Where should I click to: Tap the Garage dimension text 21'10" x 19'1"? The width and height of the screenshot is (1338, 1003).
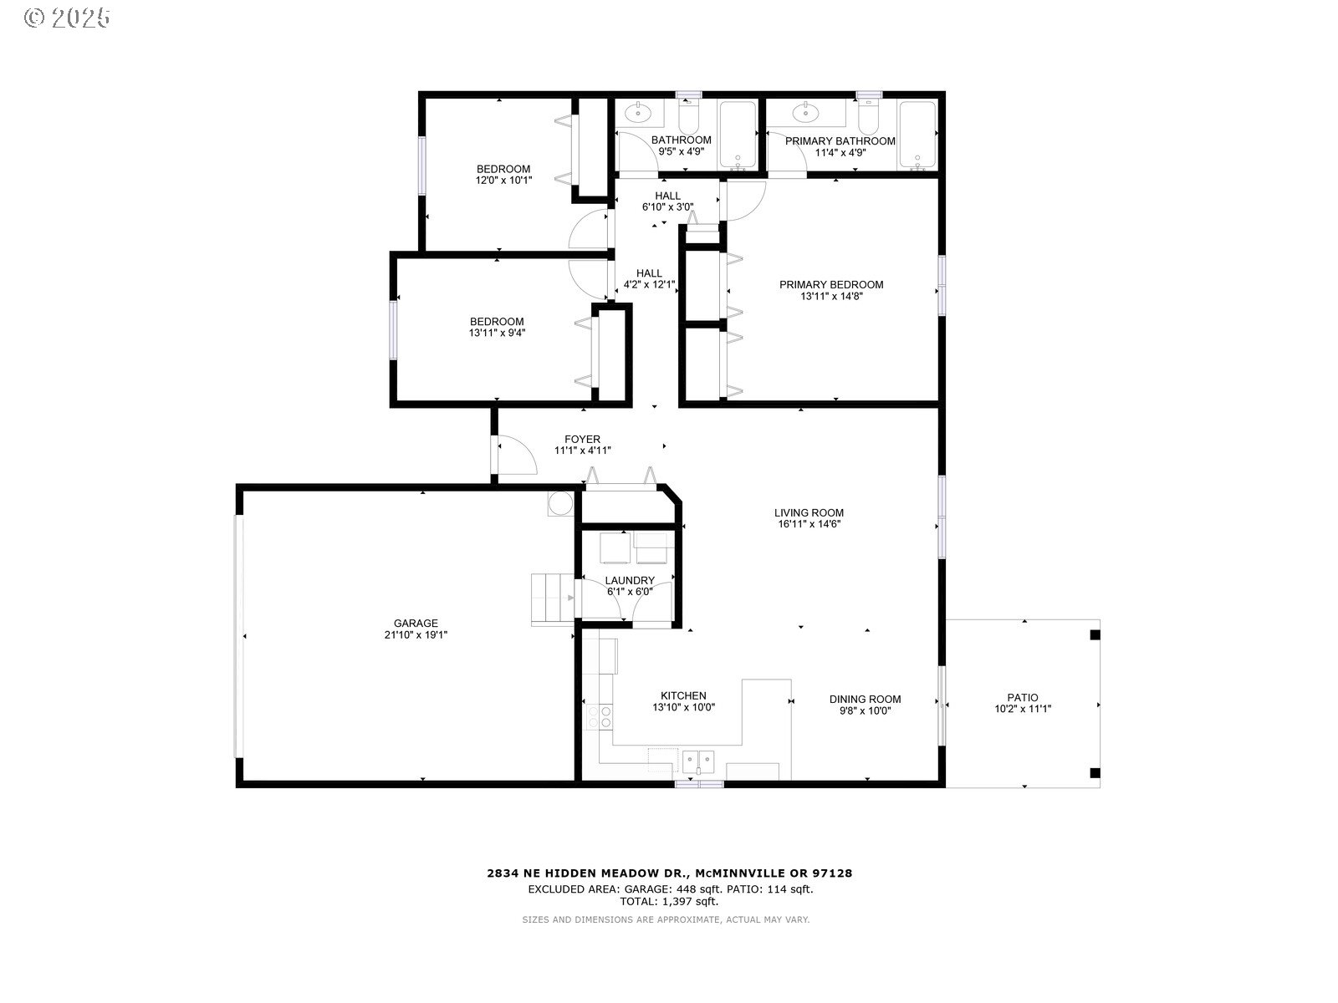tap(416, 634)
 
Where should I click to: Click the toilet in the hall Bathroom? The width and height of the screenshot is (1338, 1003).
tap(689, 116)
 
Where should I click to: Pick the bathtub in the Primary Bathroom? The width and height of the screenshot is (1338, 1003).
tap(917, 135)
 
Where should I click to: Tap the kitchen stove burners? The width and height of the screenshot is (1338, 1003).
tap(600, 716)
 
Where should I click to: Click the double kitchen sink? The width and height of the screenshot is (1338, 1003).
tap(698, 761)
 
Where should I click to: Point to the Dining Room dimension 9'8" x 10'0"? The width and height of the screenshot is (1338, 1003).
tap(865, 710)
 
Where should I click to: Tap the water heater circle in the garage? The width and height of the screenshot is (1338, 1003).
tap(560, 504)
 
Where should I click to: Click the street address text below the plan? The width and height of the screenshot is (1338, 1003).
tap(669, 873)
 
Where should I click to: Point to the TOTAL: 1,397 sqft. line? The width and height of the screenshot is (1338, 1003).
tap(669, 901)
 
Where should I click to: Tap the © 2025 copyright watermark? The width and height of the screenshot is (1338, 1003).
tap(67, 18)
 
